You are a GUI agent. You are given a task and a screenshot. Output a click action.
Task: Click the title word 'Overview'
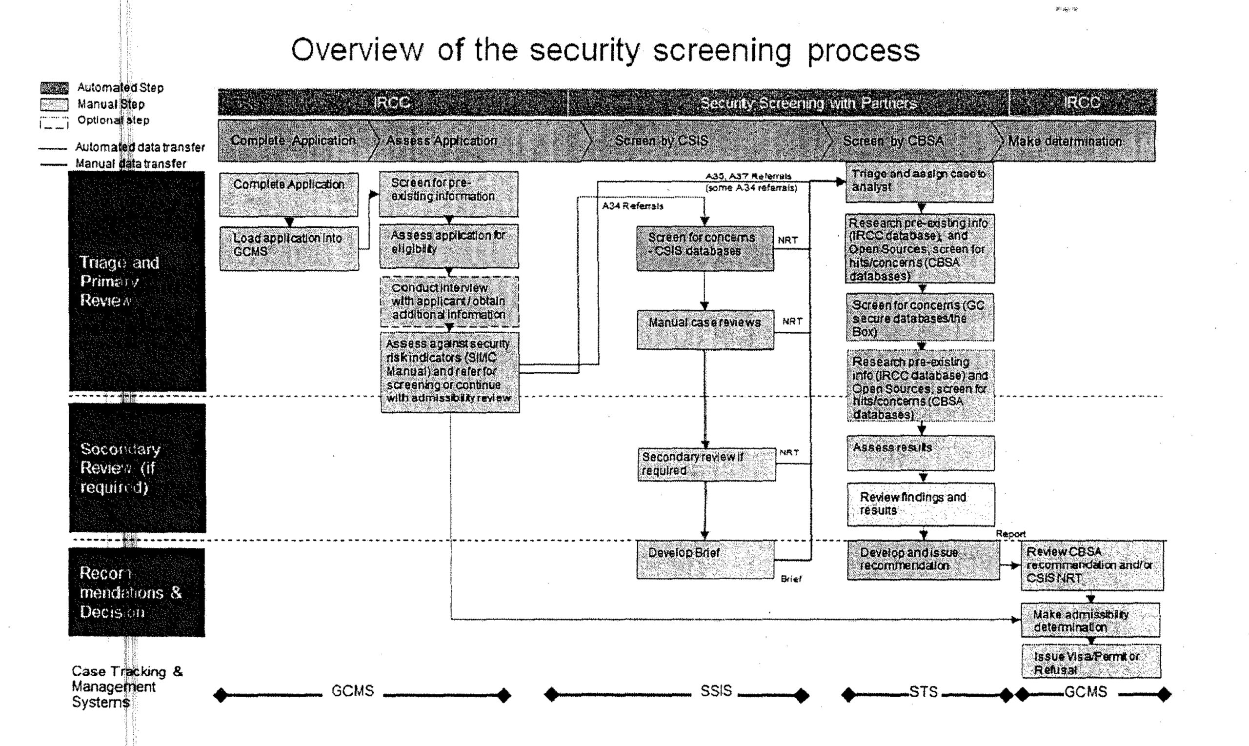point(357,50)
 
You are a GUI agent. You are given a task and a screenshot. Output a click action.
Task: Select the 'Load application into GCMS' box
point(289,248)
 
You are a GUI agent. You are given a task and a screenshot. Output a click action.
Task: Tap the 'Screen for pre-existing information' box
point(448,194)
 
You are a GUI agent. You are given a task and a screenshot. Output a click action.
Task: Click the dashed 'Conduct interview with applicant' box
point(449,302)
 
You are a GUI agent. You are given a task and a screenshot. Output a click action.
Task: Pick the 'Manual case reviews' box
point(705,329)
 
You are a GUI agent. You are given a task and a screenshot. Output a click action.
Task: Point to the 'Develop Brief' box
point(705,560)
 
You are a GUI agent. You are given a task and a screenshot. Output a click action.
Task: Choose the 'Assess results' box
point(920,453)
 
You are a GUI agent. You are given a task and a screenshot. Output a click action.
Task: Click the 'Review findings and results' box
point(920,504)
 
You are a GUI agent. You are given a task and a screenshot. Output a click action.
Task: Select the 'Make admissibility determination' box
point(1090,620)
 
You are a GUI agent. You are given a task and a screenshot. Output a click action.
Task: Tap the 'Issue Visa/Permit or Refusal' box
point(1090,662)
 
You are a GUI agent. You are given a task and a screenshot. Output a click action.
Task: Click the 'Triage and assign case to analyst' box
point(919,182)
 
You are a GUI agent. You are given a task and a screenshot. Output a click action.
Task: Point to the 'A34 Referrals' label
point(633,206)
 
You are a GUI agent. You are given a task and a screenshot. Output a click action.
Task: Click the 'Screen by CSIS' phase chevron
point(662,141)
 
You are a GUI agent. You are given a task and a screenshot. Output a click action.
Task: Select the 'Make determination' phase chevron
point(1065,141)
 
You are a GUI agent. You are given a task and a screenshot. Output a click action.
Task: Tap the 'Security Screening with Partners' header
point(808,103)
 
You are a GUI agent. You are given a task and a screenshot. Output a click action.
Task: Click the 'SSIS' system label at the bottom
point(716,691)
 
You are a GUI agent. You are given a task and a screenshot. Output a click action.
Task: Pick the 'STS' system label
point(923,692)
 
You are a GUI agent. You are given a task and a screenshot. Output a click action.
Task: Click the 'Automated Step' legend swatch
point(54,88)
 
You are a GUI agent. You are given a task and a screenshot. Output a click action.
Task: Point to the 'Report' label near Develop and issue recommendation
point(1010,534)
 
